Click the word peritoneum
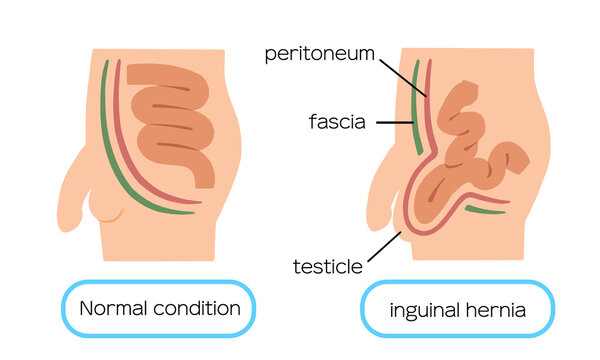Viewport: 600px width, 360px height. (x=320, y=53)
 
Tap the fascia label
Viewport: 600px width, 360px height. (x=337, y=123)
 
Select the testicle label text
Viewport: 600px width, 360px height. (x=326, y=266)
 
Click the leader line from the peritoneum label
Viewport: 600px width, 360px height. (x=402, y=74)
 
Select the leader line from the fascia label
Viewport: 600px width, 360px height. (x=394, y=123)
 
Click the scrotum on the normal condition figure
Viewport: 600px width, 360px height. (x=108, y=208)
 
